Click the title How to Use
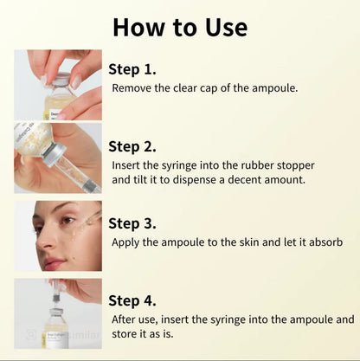[180, 27]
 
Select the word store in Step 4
[126, 335]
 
